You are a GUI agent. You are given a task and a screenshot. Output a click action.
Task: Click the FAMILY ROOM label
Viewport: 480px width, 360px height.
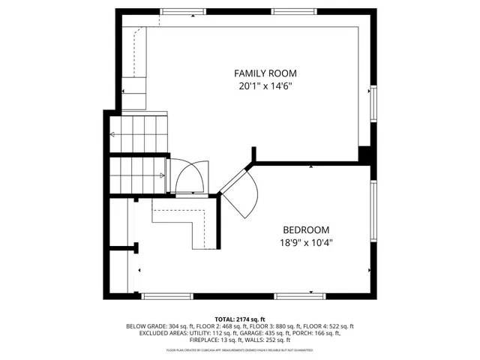click(265, 73)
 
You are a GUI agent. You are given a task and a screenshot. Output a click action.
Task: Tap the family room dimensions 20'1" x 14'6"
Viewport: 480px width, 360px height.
click(265, 86)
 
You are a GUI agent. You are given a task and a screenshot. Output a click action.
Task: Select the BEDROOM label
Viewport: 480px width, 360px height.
click(305, 229)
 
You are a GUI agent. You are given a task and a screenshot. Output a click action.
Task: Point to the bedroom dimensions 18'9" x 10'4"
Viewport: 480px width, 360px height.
click(305, 242)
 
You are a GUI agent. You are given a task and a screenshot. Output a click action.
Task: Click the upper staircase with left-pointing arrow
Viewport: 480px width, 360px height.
click(138, 134)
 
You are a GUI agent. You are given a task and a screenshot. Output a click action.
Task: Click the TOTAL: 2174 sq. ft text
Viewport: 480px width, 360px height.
click(240, 319)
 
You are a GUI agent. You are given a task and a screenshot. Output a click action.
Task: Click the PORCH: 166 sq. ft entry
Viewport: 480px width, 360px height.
click(320, 334)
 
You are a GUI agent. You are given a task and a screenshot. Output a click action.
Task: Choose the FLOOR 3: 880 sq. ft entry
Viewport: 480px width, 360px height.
click(278, 326)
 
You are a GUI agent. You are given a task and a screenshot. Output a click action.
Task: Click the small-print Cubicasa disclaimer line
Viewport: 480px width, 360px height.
click(240, 350)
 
